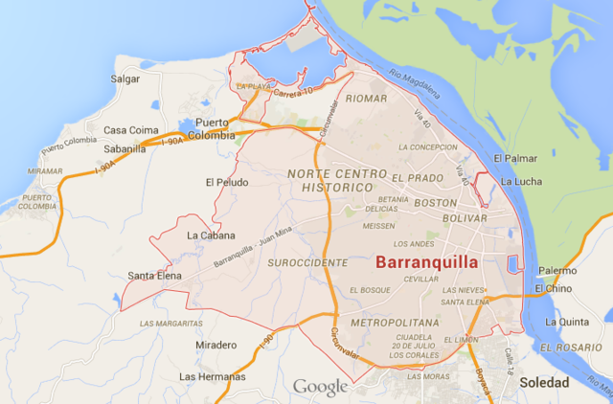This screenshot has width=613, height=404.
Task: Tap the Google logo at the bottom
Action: point(320,387)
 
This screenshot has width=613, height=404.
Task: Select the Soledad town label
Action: point(544,382)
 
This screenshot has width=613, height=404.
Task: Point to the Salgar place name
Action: point(125,79)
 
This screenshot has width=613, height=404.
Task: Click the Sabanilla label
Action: point(125,148)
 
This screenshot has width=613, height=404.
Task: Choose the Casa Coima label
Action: point(130,130)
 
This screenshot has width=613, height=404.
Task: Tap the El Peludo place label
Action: point(226,182)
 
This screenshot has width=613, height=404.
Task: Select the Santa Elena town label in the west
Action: point(155,276)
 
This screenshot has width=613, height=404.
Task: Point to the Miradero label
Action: point(216,345)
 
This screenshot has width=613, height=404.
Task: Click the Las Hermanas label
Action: point(212,376)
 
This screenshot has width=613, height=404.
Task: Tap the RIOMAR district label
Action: point(368,99)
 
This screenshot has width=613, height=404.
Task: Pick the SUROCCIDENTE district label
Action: point(308,261)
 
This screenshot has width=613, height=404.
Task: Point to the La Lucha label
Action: point(522,182)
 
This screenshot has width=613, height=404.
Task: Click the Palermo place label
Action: point(556,271)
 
